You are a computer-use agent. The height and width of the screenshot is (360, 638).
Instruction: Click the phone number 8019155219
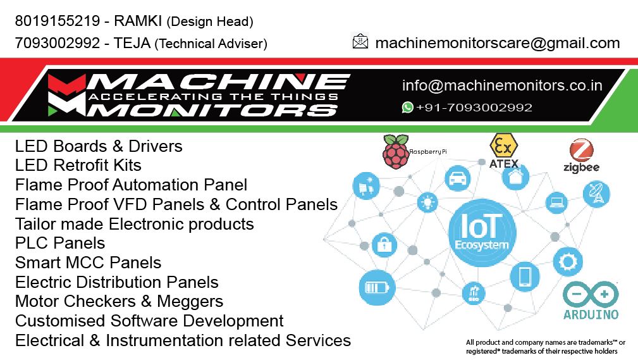click(x=57, y=21)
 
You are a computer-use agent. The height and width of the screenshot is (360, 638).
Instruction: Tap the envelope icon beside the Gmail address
click(x=360, y=42)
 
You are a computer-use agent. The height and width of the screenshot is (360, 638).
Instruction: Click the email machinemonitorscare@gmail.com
click(x=497, y=43)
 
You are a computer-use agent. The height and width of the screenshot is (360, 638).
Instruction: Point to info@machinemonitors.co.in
click(x=502, y=85)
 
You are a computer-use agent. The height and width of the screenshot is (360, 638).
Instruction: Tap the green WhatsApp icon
click(x=408, y=108)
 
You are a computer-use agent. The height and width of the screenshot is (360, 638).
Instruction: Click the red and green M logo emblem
click(x=66, y=95)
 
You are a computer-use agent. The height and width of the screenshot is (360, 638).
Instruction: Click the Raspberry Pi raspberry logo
click(x=395, y=152)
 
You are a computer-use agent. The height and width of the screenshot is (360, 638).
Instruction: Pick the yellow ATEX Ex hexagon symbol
click(x=503, y=146)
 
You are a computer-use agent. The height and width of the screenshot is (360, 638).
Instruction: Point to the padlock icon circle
click(x=383, y=244)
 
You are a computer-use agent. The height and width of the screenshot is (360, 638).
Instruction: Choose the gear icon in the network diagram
click(x=568, y=261)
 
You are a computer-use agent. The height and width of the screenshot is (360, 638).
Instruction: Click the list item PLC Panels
click(x=60, y=243)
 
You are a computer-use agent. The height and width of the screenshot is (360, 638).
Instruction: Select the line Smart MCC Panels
click(x=88, y=263)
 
